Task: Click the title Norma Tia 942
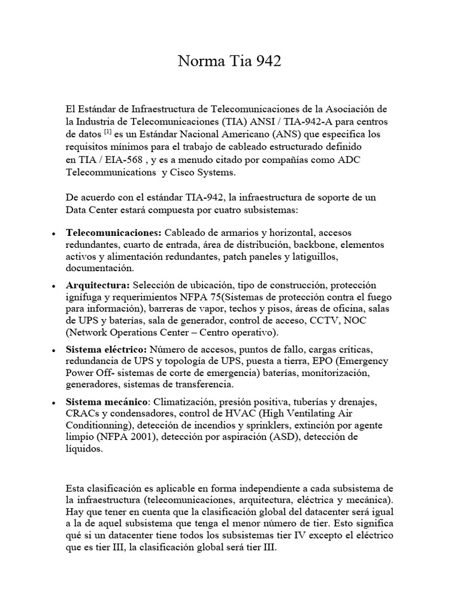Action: click(x=230, y=62)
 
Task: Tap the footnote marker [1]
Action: click(x=108, y=132)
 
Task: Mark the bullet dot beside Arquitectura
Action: click(x=55, y=285)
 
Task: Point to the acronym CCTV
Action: click(x=328, y=320)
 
